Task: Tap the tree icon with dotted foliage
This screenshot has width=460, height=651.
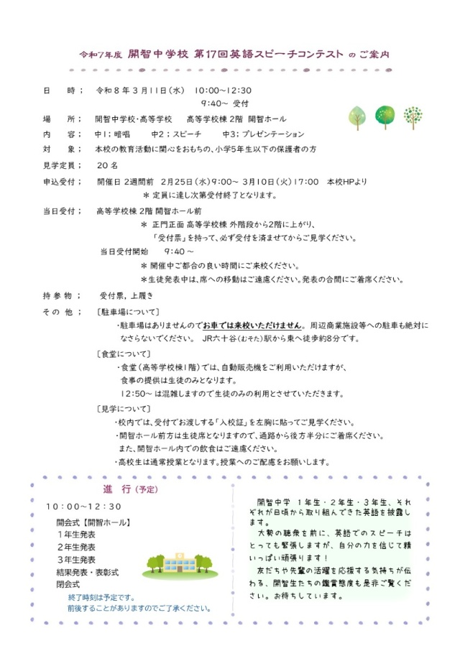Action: [413, 116]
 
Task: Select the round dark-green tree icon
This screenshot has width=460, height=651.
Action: [385, 116]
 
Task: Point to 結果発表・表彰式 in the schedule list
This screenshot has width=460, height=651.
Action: [87, 572]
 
